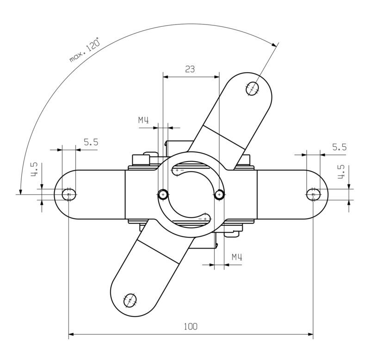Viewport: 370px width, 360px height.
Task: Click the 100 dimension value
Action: point(190,326)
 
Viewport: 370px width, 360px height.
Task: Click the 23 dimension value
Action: point(190,69)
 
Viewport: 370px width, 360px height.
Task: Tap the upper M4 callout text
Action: point(143,120)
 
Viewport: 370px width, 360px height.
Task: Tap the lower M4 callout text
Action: point(237,257)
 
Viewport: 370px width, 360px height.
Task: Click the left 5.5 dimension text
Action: point(91,143)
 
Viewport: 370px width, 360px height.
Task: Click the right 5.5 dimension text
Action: point(339,147)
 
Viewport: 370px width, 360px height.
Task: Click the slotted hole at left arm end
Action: point(69,194)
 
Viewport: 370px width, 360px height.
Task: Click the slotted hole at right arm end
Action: point(313,194)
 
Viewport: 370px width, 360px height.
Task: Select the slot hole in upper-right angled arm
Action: point(253,88)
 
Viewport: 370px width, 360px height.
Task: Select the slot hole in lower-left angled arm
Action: point(130,300)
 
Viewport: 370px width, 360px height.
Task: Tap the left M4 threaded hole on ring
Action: point(163,194)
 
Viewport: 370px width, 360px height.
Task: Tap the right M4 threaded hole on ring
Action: point(220,194)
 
